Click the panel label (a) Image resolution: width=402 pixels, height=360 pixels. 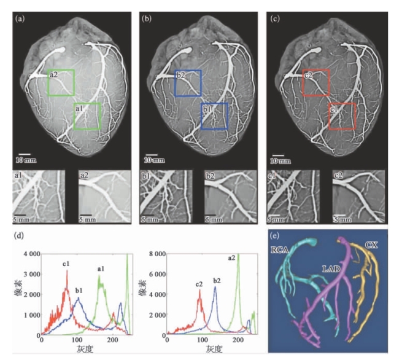point(20,19)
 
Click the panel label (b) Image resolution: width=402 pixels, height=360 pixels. point(147,19)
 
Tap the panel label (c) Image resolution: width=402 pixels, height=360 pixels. point(275,19)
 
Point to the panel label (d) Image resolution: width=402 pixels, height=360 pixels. point(20,235)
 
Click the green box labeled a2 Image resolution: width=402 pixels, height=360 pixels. point(61,83)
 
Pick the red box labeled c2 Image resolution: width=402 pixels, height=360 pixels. point(315,83)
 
